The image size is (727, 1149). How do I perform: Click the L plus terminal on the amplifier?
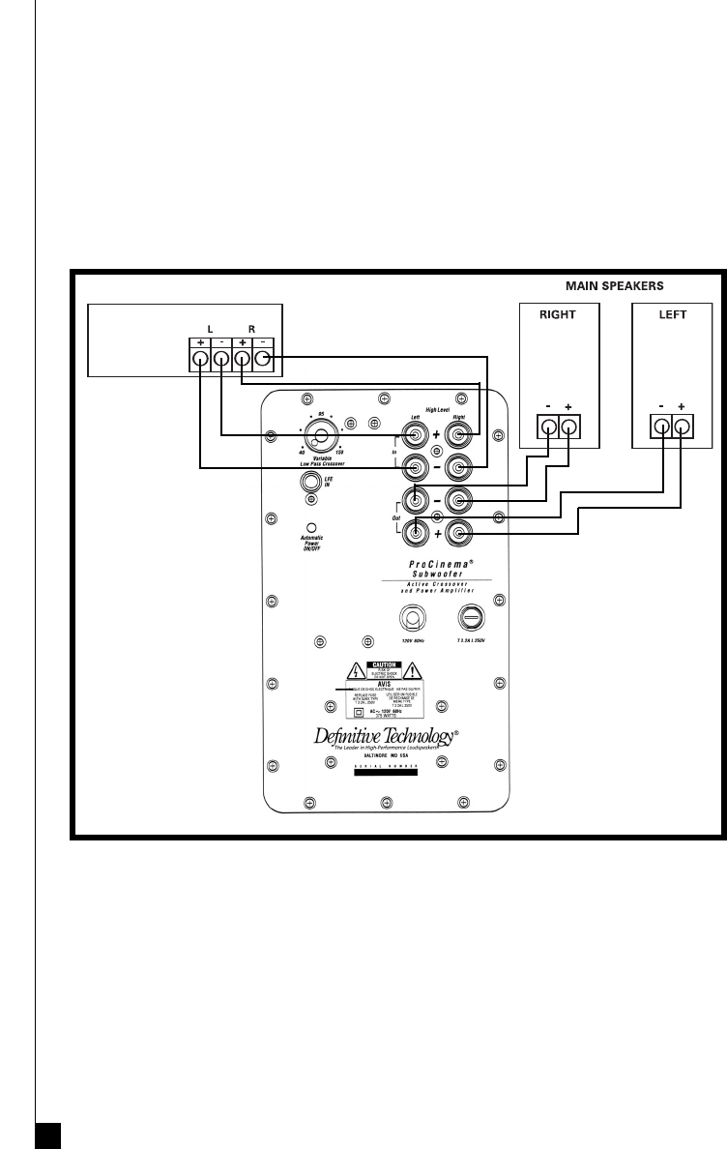point(199,360)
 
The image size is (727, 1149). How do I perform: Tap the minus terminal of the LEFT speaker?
point(662,427)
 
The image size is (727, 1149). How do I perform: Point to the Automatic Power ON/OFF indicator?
point(312,529)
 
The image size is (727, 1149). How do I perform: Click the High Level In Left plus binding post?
point(417,434)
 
